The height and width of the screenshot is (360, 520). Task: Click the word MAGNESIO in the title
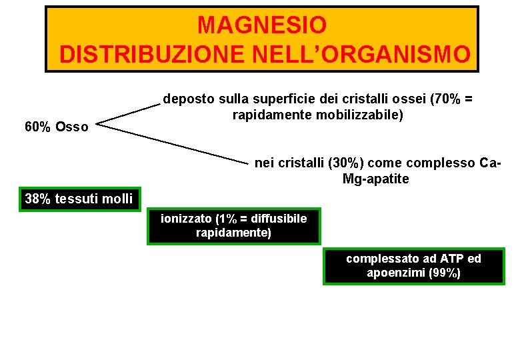point(262,25)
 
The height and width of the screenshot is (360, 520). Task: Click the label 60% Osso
point(56,127)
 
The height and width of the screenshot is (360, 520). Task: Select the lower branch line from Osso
point(173,143)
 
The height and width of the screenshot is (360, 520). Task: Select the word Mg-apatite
point(375,179)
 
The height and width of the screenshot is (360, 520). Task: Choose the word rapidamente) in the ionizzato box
point(233,233)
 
